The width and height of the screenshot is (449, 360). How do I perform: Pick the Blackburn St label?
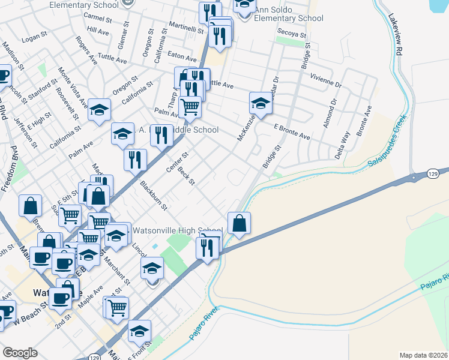[154, 196]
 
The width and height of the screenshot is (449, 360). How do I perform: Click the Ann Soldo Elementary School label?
[288, 14]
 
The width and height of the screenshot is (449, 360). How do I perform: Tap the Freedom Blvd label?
[10, 175]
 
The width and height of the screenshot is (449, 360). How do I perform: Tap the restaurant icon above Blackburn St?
[135, 160]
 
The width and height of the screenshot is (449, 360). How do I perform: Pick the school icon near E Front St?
[139, 331]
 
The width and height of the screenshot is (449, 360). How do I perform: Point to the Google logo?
[20, 353]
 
